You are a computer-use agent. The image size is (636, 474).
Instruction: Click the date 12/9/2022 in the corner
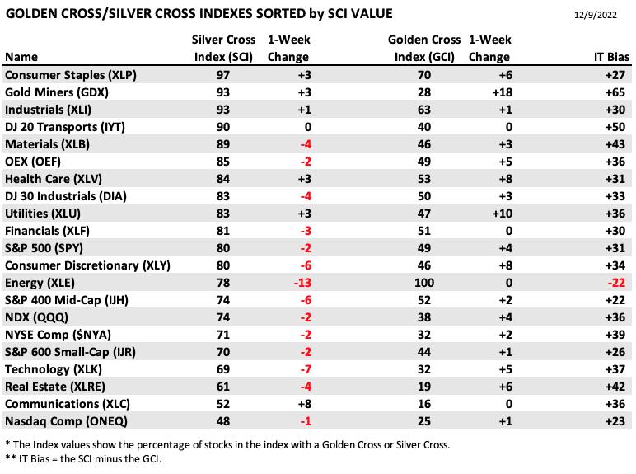596,15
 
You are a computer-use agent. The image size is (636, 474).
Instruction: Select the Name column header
21,57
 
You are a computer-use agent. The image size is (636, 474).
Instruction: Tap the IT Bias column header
611,57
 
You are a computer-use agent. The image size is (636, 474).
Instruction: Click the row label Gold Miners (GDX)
56,92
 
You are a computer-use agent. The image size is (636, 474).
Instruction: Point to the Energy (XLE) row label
40,283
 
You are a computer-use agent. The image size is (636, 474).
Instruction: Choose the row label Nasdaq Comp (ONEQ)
66,421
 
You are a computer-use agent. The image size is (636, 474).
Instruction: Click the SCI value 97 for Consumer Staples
223,75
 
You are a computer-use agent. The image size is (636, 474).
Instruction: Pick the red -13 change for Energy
302,283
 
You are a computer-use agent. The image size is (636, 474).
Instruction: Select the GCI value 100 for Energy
424,283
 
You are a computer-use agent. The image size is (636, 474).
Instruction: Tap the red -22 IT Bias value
616,283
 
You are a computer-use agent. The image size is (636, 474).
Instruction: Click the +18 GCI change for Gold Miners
503,92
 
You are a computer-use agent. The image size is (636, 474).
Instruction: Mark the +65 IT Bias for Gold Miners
615,92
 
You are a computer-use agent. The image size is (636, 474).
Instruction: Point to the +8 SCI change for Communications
304,404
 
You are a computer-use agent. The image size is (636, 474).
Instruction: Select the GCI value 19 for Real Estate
424,387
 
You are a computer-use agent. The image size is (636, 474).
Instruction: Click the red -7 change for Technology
306,369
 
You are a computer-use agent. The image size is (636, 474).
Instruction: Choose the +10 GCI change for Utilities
503,214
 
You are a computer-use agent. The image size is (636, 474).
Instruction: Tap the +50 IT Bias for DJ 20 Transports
615,127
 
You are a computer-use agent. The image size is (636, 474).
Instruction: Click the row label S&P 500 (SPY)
44,248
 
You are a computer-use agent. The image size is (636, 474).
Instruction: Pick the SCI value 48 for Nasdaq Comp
223,421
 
